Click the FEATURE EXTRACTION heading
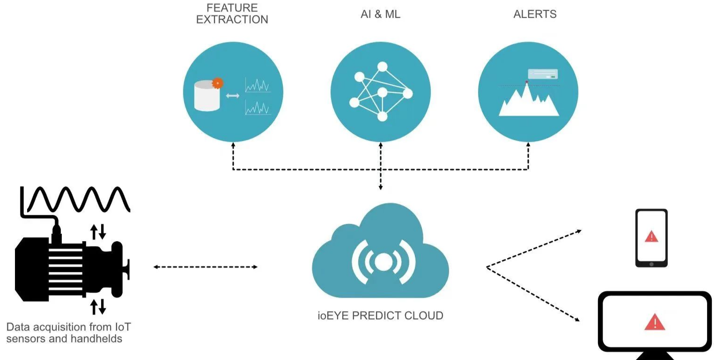(x=232, y=14)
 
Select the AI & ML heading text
(x=380, y=14)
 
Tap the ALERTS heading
(x=535, y=14)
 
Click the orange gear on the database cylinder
(x=217, y=83)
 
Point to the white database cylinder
(x=207, y=96)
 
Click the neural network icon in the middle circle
(x=381, y=91)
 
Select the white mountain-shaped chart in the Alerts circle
(x=529, y=100)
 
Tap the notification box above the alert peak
(x=543, y=74)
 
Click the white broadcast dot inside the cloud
(x=384, y=262)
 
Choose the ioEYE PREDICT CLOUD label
(x=380, y=316)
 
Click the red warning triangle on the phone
(x=651, y=236)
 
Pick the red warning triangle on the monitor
(x=655, y=322)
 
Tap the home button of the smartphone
(x=651, y=264)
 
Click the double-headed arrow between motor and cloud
(x=206, y=267)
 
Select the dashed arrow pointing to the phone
(x=534, y=249)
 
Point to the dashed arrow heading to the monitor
(x=533, y=294)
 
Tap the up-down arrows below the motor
(x=98, y=307)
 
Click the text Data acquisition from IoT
(x=68, y=327)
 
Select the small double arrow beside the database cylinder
(x=232, y=96)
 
